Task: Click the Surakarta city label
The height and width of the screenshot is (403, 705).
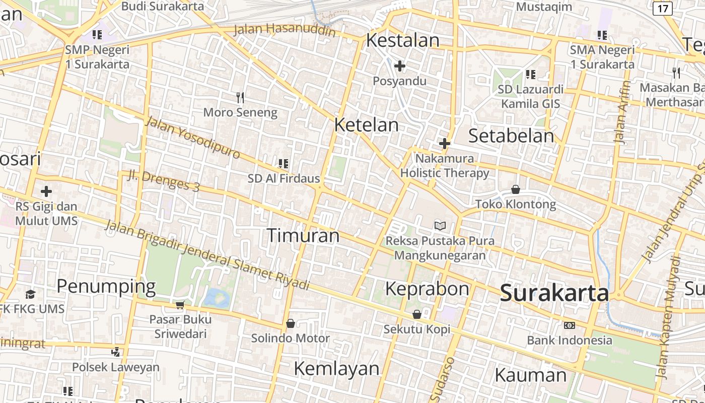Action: (x=554, y=293)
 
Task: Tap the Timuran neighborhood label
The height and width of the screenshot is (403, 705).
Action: (x=303, y=235)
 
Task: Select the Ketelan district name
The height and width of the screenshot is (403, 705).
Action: (x=366, y=125)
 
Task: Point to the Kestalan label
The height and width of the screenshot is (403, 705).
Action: (x=402, y=40)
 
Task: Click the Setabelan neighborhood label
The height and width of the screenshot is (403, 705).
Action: (x=511, y=136)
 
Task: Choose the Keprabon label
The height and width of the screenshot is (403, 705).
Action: (x=427, y=289)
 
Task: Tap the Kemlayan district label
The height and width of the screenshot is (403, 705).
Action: (x=336, y=368)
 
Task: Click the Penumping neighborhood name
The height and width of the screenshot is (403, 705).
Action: (x=106, y=286)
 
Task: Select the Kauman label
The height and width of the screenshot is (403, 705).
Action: (x=531, y=375)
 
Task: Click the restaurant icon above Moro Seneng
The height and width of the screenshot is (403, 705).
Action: (x=240, y=97)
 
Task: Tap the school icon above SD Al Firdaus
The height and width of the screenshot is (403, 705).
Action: (x=283, y=163)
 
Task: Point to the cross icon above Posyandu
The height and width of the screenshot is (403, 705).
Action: (x=400, y=66)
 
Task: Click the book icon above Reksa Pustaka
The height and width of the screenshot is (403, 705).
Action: (x=440, y=226)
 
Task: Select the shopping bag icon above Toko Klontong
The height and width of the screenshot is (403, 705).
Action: (x=516, y=189)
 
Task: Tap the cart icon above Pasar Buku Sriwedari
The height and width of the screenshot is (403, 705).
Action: (x=180, y=304)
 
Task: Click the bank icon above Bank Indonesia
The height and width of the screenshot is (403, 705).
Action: (x=570, y=325)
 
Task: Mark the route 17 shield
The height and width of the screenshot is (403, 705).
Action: (x=663, y=9)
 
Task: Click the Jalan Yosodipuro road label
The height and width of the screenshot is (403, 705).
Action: (x=193, y=137)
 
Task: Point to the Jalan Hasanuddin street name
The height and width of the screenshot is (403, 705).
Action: (x=285, y=29)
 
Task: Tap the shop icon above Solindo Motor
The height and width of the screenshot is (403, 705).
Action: (x=290, y=323)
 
